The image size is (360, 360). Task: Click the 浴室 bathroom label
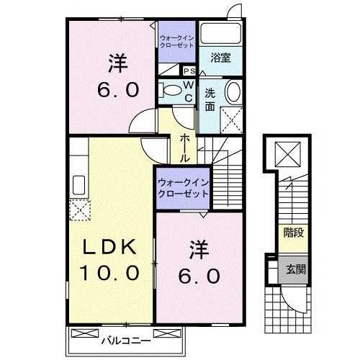(220, 57)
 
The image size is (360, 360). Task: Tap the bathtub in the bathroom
(220, 33)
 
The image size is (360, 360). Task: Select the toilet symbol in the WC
(171, 91)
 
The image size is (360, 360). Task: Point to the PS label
(189, 71)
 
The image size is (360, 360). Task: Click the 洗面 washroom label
(210, 99)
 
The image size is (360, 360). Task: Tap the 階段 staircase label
(292, 233)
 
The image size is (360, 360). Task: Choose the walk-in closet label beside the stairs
(183, 189)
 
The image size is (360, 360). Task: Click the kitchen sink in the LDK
(78, 186)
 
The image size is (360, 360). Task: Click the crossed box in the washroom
(230, 118)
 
